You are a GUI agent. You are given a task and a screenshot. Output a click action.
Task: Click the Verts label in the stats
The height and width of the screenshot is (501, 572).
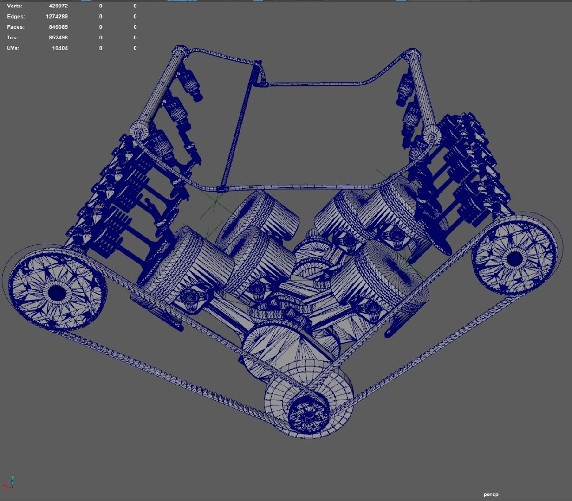[x=14, y=6]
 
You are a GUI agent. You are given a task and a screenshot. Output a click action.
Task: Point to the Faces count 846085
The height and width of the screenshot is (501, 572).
[x=58, y=27]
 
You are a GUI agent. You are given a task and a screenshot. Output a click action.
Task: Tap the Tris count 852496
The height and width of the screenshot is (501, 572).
[x=58, y=38]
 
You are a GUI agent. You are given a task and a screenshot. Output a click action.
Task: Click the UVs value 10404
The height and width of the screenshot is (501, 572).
[x=60, y=48]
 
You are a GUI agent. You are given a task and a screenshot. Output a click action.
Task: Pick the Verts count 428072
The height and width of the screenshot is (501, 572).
[x=58, y=6]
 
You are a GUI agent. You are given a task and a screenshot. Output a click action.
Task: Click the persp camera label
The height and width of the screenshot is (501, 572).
[x=491, y=495]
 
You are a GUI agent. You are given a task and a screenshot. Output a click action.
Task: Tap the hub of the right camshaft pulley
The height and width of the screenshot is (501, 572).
[x=514, y=258]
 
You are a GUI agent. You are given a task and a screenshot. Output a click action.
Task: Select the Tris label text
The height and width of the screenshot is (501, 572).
[x=13, y=38]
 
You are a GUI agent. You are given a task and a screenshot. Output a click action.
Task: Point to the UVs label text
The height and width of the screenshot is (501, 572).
[x=13, y=48]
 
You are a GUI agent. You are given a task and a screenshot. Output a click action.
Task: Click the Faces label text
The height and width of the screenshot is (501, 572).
[x=16, y=27]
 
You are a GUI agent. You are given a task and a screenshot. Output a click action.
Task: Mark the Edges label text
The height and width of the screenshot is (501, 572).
[x=16, y=17]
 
